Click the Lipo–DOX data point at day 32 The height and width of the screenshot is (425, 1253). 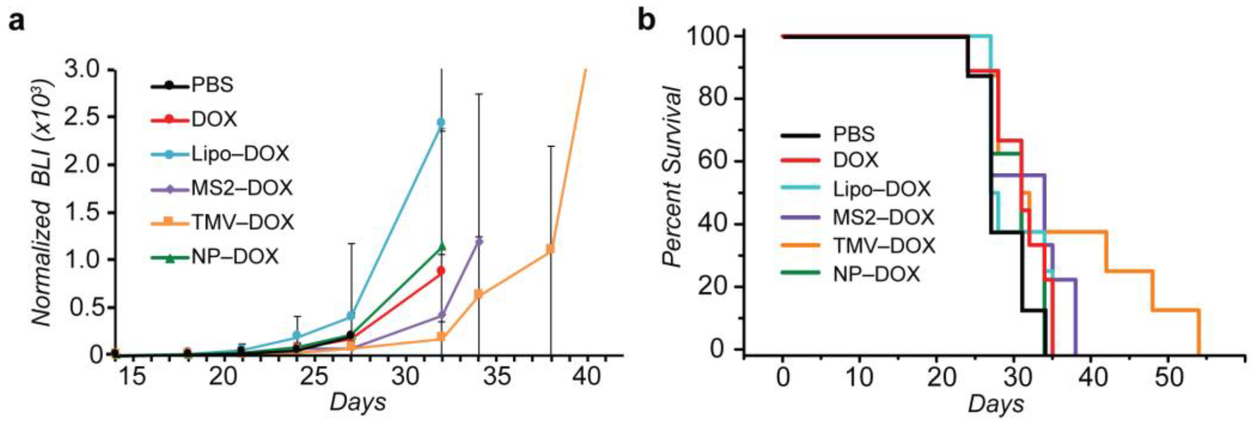[x=441, y=122]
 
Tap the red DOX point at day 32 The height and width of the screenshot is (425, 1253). [x=441, y=271]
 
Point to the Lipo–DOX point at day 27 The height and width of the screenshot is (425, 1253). [x=351, y=316]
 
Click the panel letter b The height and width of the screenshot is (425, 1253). [x=647, y=20]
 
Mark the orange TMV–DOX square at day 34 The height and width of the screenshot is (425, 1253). [x=479, y=294]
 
